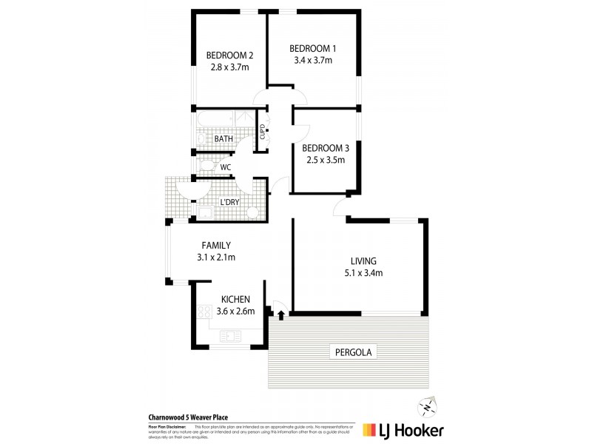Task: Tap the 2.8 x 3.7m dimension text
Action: coord(229,67)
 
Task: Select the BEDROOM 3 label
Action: coord(327,147)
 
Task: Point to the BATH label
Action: coord(223,138)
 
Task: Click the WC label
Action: coord(226,167)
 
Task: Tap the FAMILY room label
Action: coord(217,246)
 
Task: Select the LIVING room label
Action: coord(363,260)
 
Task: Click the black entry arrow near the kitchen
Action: coord(281,316)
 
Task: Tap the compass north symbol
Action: coord(425,406)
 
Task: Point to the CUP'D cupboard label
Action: coord(262,134)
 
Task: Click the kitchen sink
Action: coord(230,336)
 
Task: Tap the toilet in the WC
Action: coord(207,166)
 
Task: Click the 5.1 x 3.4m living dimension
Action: coord(363,272)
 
